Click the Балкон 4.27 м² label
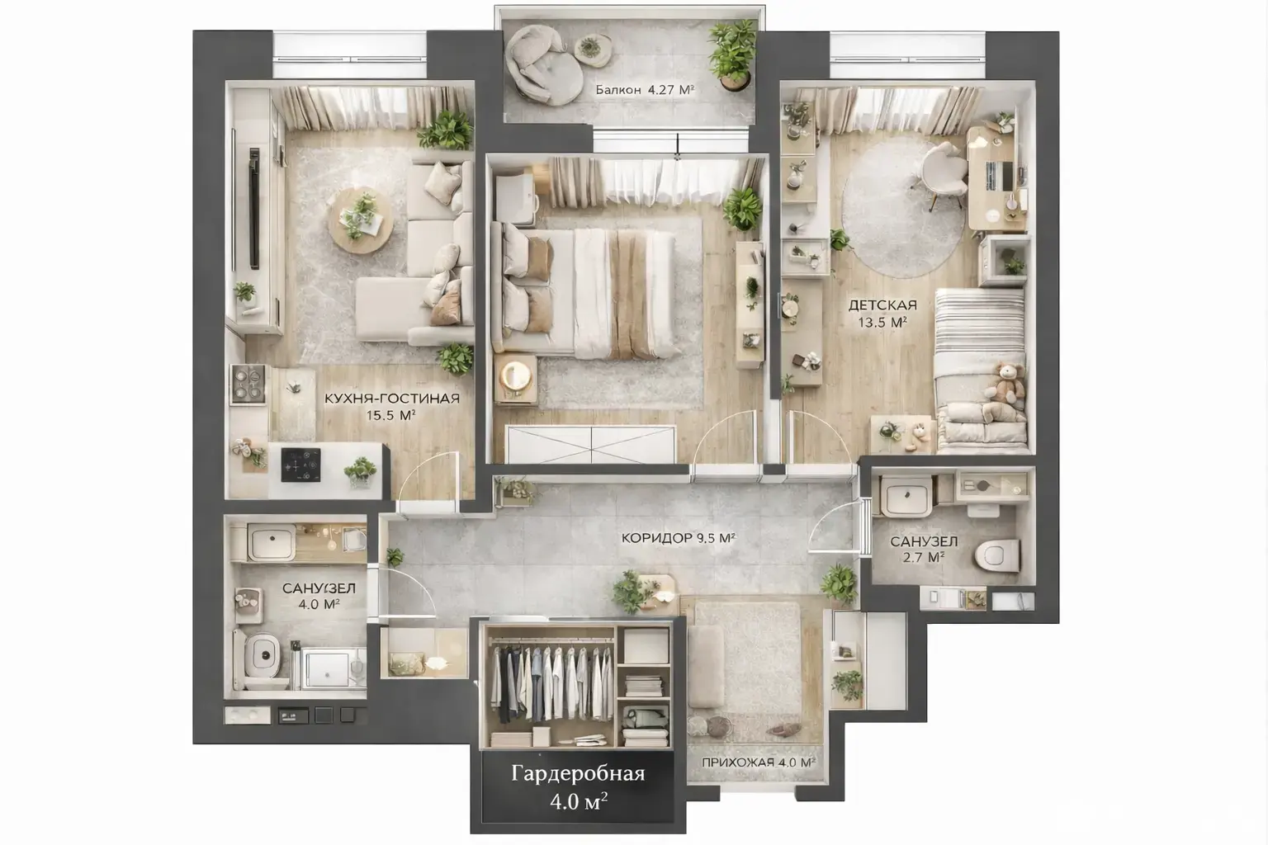pos(645,89)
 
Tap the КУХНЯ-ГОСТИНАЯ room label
pos(392,399)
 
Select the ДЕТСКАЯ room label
pos(882,305)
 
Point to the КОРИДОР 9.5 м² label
pos(678,538)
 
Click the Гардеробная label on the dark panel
pos(578,774)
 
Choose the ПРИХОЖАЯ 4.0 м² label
pos(759,762)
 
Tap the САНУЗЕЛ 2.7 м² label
pos(924,549)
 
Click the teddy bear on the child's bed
pos(1006,383)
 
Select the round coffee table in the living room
pos(361,220)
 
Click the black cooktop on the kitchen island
pos(301,465)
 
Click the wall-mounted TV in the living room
pos(253,208)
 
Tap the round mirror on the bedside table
pos(516,375)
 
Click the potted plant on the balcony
pos(733,55)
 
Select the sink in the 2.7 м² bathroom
pos(907,497)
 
